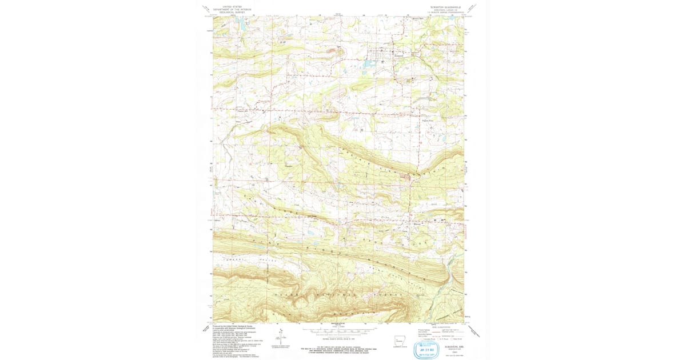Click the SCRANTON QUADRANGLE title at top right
(442, 7)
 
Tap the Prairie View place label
(428, 120)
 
